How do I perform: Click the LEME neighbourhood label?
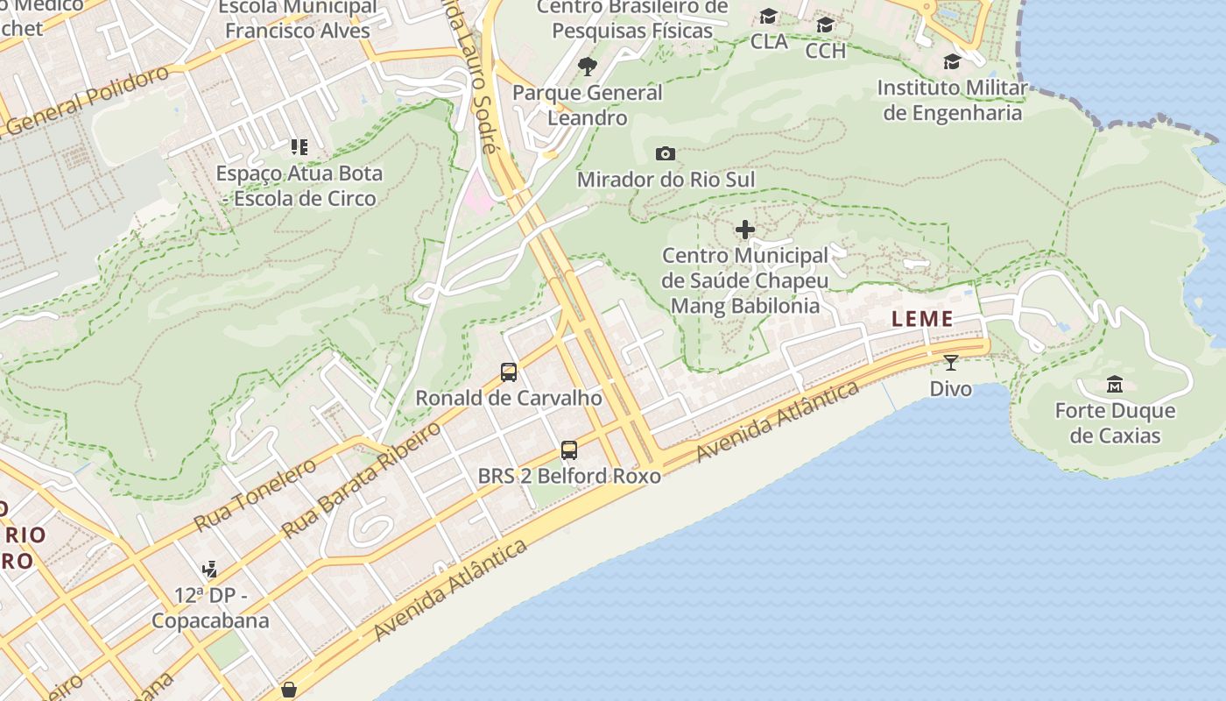922,320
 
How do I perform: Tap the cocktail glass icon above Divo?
951,362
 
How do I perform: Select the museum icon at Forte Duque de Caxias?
1114,384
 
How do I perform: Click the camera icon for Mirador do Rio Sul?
666,154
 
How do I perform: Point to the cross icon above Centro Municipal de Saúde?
745,230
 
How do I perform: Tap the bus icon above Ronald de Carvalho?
509,372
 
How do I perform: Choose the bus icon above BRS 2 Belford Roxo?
569,450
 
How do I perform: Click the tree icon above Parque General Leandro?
588,67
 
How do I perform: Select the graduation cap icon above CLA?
769,17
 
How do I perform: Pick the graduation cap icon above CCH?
825,25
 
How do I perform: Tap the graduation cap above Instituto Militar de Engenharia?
952,62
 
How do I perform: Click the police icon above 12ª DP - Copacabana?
209,570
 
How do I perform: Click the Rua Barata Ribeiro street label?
362,479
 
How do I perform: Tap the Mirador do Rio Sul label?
666,180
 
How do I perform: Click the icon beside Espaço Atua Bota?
299,147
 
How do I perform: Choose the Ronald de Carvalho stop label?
509,398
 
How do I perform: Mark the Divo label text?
951,388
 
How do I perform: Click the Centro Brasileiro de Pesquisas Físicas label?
631,18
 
